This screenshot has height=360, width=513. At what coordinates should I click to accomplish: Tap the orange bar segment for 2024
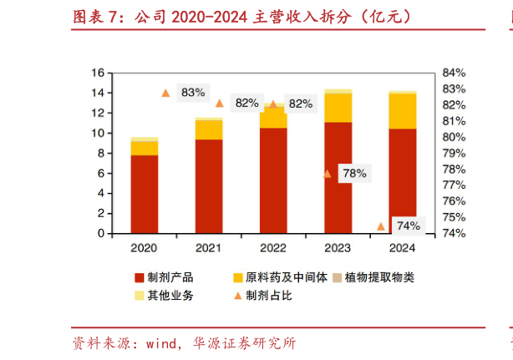point(402,110)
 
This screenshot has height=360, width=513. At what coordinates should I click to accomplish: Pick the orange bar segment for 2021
point(208,129)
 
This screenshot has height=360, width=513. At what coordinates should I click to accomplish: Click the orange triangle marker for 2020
point(165,93)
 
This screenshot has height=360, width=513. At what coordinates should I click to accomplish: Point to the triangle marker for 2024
point(380,226)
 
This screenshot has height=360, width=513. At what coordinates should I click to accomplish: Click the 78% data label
point(354,174)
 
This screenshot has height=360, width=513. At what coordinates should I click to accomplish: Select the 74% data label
point(408,226)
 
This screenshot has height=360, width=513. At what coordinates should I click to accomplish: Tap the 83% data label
point(192,92)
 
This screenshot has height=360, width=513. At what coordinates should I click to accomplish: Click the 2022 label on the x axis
point(272,248)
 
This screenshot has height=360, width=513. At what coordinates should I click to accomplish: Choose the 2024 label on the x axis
point(402,248)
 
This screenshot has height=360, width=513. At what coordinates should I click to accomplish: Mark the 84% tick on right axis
point(454,73)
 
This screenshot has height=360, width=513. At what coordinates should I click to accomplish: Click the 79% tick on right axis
point(454,153)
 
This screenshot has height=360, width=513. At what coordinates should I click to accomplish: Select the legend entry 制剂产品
point(168,277)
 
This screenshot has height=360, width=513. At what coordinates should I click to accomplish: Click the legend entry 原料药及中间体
point(275,277)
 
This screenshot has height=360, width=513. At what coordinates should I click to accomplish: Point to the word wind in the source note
point(162,343)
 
